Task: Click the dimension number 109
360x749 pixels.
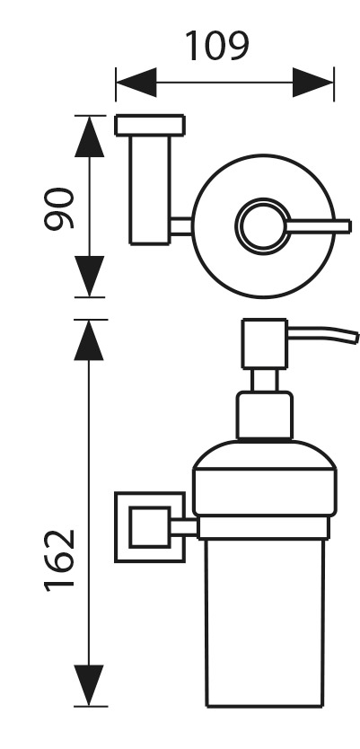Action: point(217,47)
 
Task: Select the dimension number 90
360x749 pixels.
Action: point(59,208)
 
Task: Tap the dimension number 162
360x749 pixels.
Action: point(59,560)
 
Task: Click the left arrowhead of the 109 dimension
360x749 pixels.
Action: point(136,82)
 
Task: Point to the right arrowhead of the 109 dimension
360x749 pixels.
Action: point(313,82)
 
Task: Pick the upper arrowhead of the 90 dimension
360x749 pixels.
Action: point(89,137)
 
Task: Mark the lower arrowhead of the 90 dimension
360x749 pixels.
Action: point(89,276)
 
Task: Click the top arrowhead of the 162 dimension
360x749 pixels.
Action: point(89,340)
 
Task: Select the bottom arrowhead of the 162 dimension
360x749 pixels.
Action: point(89,685)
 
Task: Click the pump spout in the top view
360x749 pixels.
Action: point(319,226)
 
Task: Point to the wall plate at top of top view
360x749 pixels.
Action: point(150,125)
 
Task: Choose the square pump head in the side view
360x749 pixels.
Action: point(265,344)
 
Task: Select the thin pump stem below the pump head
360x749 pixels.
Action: point(265,381)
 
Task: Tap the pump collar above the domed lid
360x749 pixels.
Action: point(265,415)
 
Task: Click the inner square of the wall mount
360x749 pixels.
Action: point(149,527)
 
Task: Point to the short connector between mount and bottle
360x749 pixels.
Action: point(184,527)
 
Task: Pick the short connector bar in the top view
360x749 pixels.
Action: point(181,226)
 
